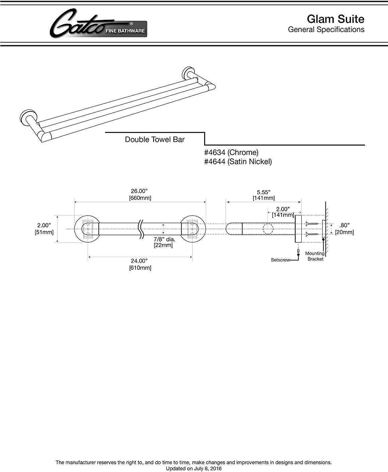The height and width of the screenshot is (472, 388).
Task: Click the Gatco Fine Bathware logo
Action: click(98, 24)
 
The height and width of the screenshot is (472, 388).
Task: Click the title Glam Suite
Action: click(335, 19)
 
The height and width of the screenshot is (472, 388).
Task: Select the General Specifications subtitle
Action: click(326, 29)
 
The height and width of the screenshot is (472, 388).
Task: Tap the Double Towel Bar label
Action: click(155, 140)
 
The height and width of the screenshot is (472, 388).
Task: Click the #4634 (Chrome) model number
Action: click(231, 153)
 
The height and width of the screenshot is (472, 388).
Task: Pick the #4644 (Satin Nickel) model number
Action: click(238, 162)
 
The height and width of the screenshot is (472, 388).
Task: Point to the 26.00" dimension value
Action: click(139, 191)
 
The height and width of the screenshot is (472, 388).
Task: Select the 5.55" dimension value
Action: click(263, 192)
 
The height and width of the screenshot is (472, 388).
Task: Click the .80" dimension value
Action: click(344, 225)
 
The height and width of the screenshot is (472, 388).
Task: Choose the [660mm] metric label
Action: click(140, 198)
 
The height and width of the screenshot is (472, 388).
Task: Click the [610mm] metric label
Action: click(140, 268)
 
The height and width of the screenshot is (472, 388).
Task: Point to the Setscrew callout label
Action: click(280, 260)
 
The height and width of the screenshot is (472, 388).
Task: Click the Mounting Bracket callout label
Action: click(315, 256)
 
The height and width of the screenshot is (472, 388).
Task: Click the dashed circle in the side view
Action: click(267, 229)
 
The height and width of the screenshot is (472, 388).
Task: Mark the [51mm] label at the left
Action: click(44, 232)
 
